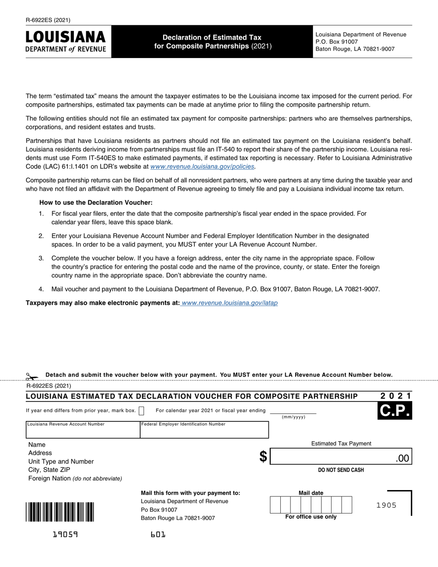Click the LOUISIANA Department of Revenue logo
[x=65, y=41]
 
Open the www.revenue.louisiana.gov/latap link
[x=230, y=303]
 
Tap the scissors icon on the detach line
[x=31, y=377]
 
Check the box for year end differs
[x=142, y=411]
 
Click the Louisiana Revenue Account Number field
[x=83, y=432]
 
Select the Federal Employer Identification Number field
[x=204, y=432]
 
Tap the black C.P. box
[x=395, y=410]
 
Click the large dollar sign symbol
[x=263, y=456]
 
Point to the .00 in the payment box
[x=402, y=458]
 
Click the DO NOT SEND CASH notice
[x=341, y=470]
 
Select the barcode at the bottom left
[x=60, y=512]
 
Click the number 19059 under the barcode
[x=65, y=535]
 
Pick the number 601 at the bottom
[x=158, y=535]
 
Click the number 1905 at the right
[x=386, y=505]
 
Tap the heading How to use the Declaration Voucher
[x=96, y=202]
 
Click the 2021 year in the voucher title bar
[x=396, y=396]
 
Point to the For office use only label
[x=311, y=517]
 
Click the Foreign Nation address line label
[x=75, y=478]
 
